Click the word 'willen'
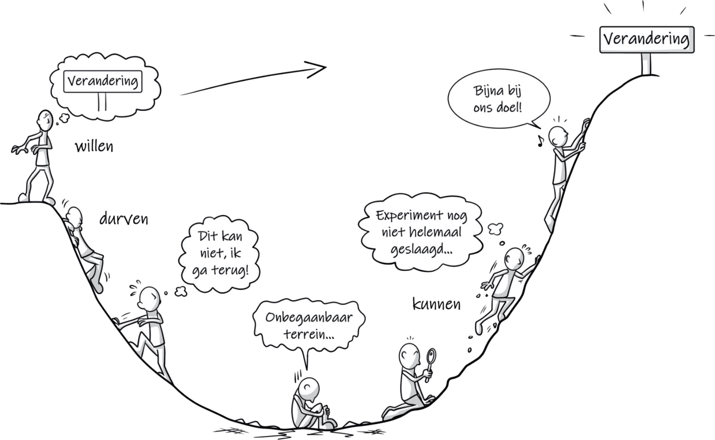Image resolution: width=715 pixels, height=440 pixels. pyautogui.click(x=94, y=146)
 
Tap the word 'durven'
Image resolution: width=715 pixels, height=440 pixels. pyautogui.click(x=124, y=219)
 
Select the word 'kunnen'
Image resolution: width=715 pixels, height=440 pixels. pyautogui.click(x=436, y=304)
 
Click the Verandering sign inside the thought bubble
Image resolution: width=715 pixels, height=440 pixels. pyautogui.click(x=103, y=82)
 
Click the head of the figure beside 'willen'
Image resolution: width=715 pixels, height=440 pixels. pyautogui.click(x=46, y=120)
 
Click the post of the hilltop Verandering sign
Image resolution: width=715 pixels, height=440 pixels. pyautogui.click(x=646, y=64)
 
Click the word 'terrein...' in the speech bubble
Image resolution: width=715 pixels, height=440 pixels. pyautogui.click(x=309, y=335)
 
